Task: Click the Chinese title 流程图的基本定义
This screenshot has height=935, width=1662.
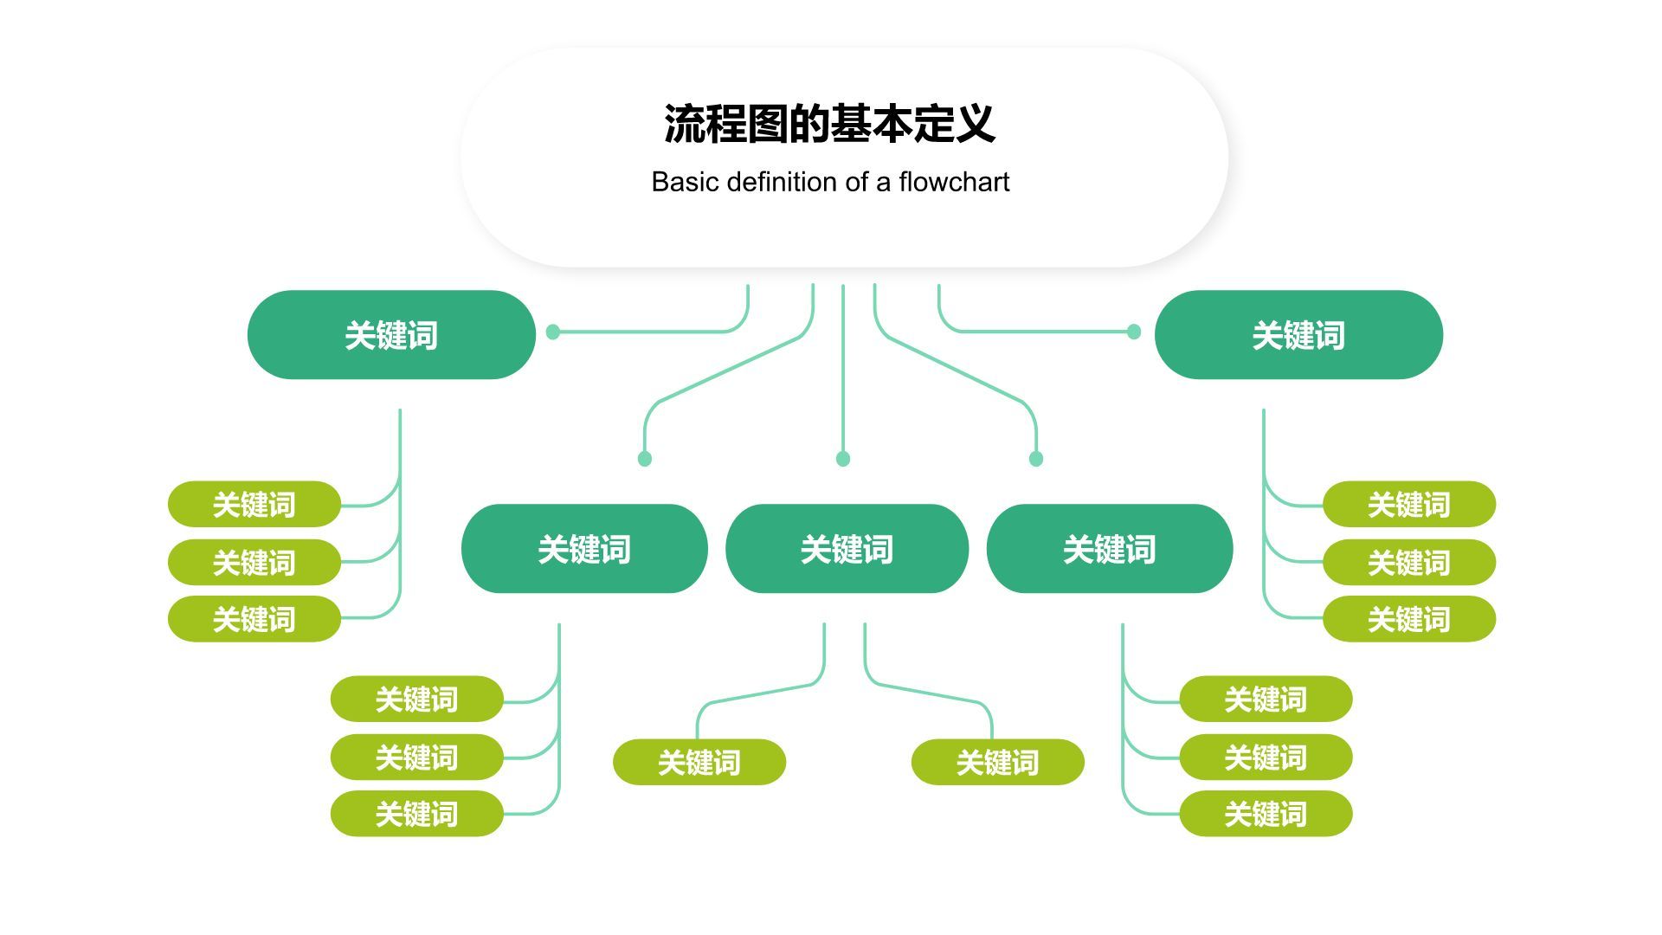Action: (x=829, y=124)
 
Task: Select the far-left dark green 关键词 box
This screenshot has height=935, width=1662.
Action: (x=391, y=335)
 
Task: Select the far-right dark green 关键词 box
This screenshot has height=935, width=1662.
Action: (x=1298, y=335)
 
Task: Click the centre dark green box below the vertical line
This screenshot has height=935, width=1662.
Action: (x=847, y=549)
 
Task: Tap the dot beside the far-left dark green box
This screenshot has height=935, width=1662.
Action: (x=553, y=332)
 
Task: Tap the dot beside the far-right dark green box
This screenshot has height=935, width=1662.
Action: (x=1134, y=332)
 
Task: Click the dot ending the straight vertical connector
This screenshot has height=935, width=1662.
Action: (x=843, y=459)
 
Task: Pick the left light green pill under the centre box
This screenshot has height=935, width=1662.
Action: (x=699, y=762)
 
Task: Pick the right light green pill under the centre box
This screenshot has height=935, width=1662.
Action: (x=997, y=762)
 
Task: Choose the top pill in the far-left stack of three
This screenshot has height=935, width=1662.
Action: (x=254, y=504)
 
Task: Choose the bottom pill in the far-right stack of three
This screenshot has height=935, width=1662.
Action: (x=1409, y=619)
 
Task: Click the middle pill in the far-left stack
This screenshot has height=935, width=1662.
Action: (x=254, y=562)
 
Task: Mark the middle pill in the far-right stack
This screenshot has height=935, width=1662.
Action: (x=1409, y=562)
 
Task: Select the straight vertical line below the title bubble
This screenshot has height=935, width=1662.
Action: (x=843, y=372)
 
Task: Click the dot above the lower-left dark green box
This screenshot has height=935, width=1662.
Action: (x=644, y=459)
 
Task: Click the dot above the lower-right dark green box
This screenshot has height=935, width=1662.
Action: (x=1036, y=459)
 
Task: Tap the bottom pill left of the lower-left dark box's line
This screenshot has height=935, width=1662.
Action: (x=416, y=814)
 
